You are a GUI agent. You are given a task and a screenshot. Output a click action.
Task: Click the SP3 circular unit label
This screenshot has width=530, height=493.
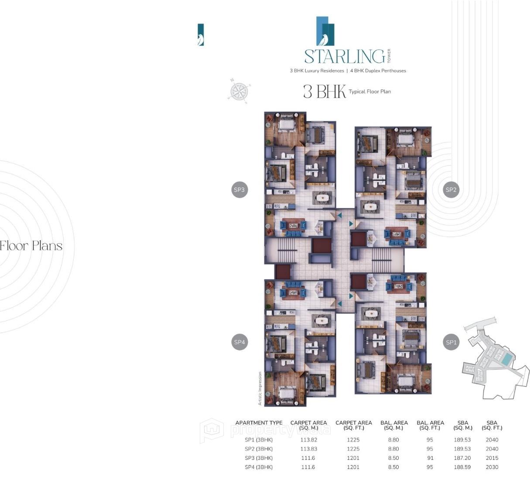click(x=239, y=190)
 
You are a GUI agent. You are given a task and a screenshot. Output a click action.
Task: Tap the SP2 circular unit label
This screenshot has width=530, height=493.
click(x=451, y=190)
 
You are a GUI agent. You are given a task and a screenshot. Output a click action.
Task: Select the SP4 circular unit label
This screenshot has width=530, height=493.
click(x=239, y=342)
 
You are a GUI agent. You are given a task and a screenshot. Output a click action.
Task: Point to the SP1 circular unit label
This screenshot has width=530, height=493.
click(x=451, y=342)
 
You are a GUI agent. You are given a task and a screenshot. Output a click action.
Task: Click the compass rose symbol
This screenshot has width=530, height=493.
click(x=239, y=91)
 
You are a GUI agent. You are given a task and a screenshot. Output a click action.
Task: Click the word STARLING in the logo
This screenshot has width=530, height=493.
click(x=344, y=57)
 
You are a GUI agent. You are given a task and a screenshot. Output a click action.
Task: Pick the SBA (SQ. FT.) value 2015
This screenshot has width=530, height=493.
click(x=492, y=458)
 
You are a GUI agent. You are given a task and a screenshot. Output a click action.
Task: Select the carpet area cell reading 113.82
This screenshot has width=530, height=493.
click(x=308, y=440)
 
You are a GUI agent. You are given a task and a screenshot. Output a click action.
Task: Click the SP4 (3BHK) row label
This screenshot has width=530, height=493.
click(x=259, y=467)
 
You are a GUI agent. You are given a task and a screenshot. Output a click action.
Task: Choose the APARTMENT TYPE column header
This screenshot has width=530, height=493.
click(x=259, y=423)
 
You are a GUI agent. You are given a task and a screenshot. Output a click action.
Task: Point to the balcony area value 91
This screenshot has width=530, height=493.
click(x=430, y=458)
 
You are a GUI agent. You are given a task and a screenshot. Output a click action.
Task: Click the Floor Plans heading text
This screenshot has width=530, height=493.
click(x=31, y=246)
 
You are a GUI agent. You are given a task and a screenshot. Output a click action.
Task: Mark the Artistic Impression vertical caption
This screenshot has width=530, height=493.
click(x=260, y=388)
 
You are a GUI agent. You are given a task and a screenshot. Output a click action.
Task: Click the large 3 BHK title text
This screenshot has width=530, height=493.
click(x=324, y=92)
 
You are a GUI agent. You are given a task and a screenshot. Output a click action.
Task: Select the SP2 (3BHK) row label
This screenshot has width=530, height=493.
click(x=259, y=449)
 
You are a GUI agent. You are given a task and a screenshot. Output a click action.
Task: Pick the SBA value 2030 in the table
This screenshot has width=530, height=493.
click(x=492, y=467)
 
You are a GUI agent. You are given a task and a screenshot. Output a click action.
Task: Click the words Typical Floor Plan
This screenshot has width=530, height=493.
click(x=370, y=92)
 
